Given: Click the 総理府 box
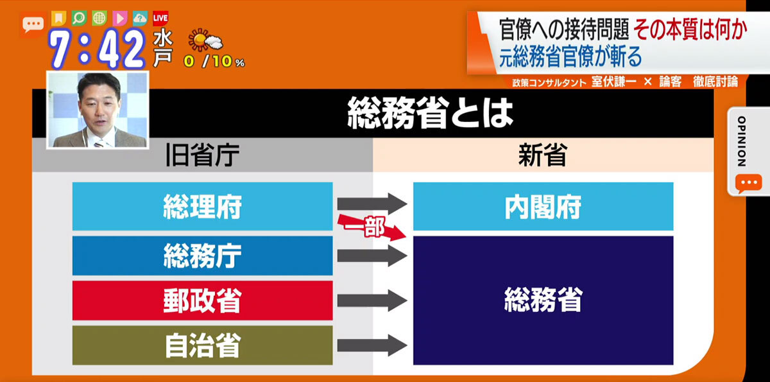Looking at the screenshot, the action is [x=203, y=206].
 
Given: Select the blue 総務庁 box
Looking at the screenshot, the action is [x=203, y=256].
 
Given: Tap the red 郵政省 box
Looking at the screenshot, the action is [x=203, y=300].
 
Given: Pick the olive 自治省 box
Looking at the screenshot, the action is [x=203, y=345].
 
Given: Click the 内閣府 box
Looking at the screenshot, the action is [x=543, y=206].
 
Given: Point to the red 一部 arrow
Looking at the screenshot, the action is [x=372, y=227].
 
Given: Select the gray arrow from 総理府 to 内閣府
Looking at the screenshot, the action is [x=372, y=204].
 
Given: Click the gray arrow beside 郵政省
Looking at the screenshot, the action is [x=372, y=300].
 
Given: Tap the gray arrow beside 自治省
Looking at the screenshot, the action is [x=372, y=345].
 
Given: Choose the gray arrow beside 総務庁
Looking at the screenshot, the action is [x=372, y=256].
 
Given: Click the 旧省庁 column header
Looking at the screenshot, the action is [x=203, y=155].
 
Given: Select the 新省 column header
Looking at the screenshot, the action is [x=543, y=155].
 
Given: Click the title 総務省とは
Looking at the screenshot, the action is [x=430, y=114].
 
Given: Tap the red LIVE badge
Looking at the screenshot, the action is [x=160, y=18].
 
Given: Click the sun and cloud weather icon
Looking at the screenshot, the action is [x=205, y=40].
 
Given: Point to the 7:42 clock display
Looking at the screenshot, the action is [x=98, y=49].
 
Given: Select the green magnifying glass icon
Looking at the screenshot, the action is [x=79, y=18].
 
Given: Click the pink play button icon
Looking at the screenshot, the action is [x=120, y=18].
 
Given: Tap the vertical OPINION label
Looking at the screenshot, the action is [x=742, y=141].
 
